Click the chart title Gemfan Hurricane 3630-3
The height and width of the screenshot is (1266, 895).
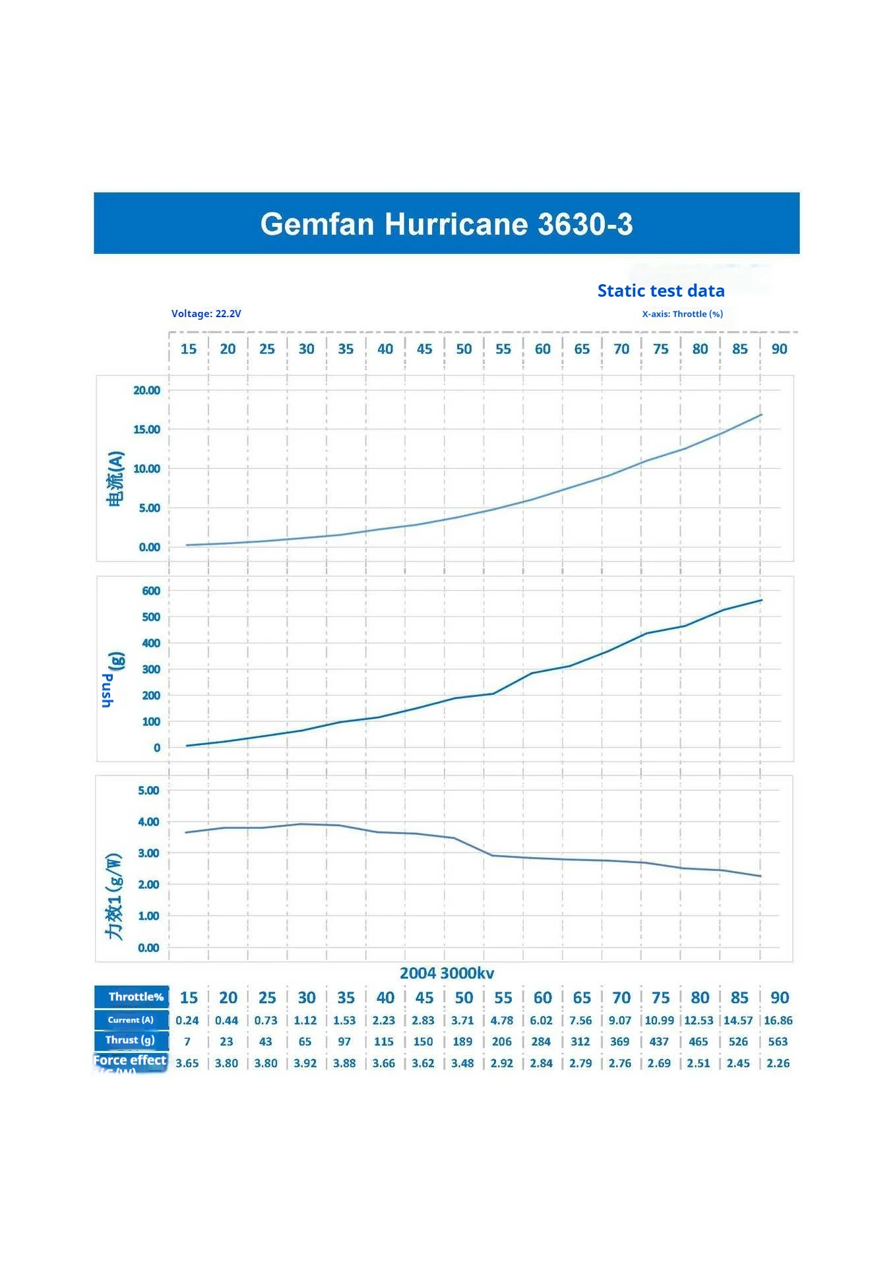(x=447, y=224)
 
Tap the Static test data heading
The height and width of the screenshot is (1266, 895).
(x=660, y=291)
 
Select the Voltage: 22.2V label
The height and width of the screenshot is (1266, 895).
(x=206, y=314)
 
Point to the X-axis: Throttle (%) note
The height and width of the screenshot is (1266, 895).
(x=682, y=314)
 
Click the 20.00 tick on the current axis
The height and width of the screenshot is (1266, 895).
(x=146, y=390)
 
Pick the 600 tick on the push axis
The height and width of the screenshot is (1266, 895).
(x=151, y=591)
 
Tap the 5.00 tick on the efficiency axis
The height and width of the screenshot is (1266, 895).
(x=148, y=791)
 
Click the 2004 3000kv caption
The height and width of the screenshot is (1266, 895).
(x=447, y=973)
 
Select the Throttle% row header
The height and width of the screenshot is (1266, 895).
(x=135, y=997)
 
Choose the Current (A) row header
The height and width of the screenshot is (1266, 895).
(x=131, y=1020)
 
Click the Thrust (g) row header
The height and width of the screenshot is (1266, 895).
(x=130, y=1040)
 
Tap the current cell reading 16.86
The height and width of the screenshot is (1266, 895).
(x=778, y=1021)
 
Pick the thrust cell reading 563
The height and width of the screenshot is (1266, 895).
(x=778, y=1042)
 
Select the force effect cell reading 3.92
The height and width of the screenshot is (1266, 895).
(x=305, y=1064)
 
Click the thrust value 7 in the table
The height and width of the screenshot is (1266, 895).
(x=187, y=1042)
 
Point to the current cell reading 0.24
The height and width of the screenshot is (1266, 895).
(x=187, y=1021)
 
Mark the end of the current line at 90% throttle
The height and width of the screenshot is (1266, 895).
(x=761, y=415)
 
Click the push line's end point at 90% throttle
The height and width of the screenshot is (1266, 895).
(x=761, y=600)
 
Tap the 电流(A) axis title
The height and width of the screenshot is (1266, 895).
(x=115, y=479)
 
